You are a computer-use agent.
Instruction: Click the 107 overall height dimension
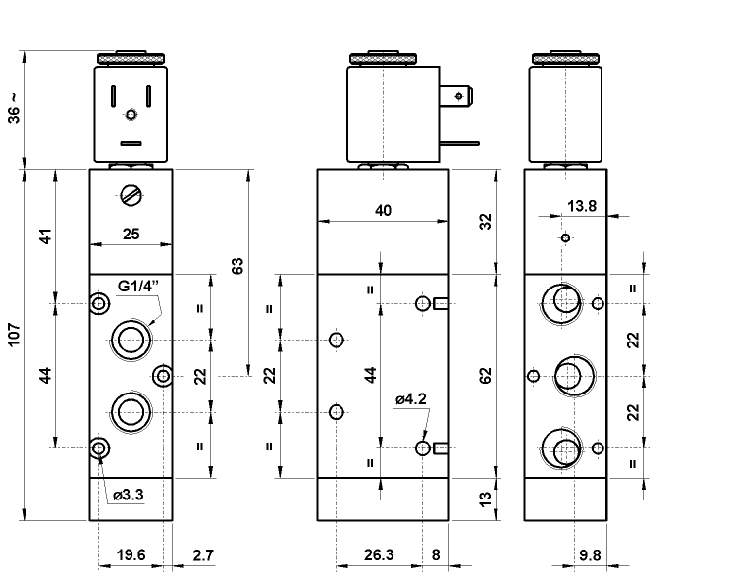point(13,338)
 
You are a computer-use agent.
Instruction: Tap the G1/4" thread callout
point(138,286)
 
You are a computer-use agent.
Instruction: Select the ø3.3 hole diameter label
point(129,495)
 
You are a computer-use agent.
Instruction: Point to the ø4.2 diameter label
point(410,399)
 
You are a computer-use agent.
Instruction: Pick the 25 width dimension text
point(130,233)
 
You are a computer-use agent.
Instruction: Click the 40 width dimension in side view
point(383,209)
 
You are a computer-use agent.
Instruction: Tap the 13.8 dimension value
point(582,206)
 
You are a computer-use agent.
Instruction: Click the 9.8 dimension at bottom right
point(591,554)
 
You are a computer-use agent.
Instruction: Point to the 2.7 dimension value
point(203,554)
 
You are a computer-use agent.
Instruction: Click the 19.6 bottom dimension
point(131,554)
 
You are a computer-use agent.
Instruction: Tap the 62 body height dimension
point(484,374)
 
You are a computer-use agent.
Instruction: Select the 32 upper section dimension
point(484,223)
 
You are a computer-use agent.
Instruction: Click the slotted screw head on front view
point(131,193)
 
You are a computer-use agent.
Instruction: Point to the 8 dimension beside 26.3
point(437,554)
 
